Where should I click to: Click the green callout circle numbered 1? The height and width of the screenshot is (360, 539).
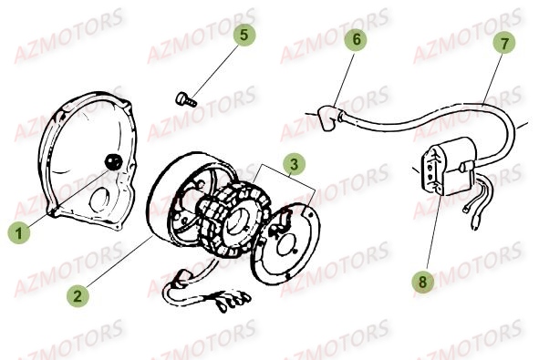click(19, 233)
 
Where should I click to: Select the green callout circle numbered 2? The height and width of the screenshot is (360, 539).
click(78, 295)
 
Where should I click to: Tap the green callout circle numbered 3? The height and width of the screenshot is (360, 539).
click(295, 164)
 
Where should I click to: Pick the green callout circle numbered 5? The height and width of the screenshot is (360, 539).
click(244, 35)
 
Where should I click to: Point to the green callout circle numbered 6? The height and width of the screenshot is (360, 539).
click(356, 39)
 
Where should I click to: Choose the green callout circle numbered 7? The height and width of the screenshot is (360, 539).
click(504, 43)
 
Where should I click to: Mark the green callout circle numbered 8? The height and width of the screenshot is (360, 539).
click(423, 282)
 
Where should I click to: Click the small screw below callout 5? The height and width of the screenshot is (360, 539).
click(186, 99)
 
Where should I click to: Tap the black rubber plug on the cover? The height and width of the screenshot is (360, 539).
click(113, 161)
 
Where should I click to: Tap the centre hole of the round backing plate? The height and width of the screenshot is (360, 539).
click(287, 244)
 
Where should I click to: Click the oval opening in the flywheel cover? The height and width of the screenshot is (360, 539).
click(99, 200)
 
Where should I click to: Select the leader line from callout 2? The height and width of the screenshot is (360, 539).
click(119, 261)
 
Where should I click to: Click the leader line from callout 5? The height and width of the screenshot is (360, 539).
click(215, 71)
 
